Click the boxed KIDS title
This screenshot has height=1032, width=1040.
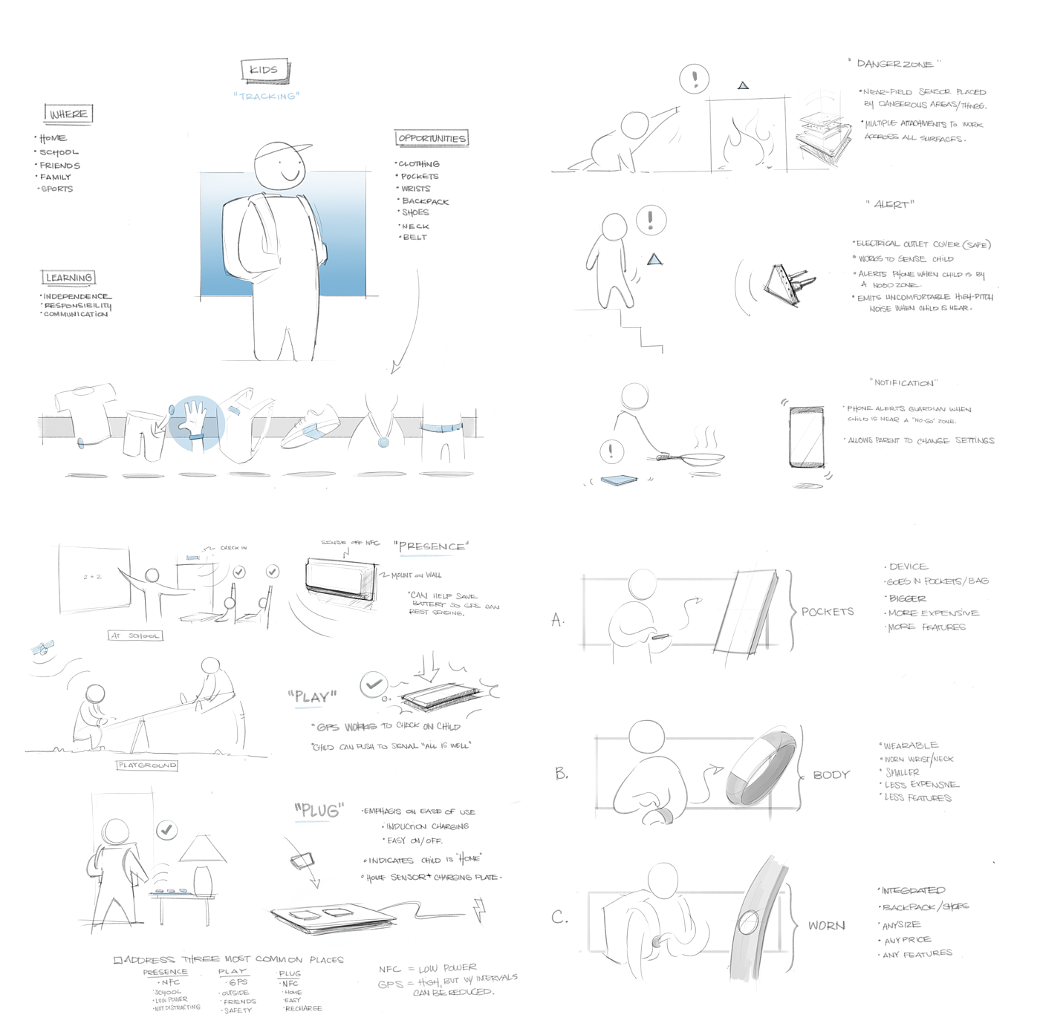tap(264, 71)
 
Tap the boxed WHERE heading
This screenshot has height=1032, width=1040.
tap(68, 114)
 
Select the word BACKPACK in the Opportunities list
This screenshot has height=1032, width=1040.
tap(425, 201)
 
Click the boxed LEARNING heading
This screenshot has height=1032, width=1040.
tap(68, 278)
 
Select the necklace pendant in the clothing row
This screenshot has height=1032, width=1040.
tap(383, 442)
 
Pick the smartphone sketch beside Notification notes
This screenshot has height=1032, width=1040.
tap(807, 437)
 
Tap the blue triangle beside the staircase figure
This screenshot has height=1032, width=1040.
tap(654, 259)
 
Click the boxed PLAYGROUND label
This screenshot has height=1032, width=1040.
tap(147, 765)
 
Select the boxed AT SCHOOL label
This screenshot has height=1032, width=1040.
tap(134, 636)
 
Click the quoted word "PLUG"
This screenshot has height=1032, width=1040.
tap(319, 811)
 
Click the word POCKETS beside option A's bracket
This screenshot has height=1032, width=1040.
tap(828, 612)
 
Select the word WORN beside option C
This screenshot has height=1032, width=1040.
tap(826, 925)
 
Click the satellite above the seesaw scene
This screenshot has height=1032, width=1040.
tap(42, 648)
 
